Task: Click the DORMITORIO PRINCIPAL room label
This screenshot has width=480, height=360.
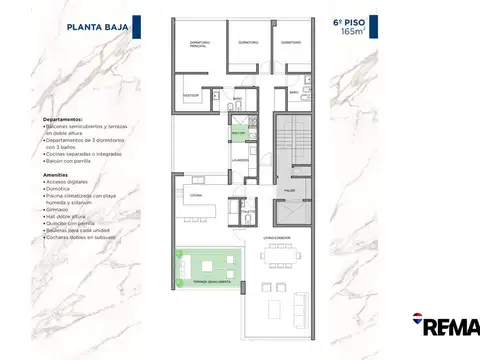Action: click(x=202, y=43)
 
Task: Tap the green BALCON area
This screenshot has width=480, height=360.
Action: click(x=238, y=132)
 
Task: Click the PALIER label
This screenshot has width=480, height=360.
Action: click(x=287, y=189)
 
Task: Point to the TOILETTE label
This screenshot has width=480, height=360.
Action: click(x=236, y=209)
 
